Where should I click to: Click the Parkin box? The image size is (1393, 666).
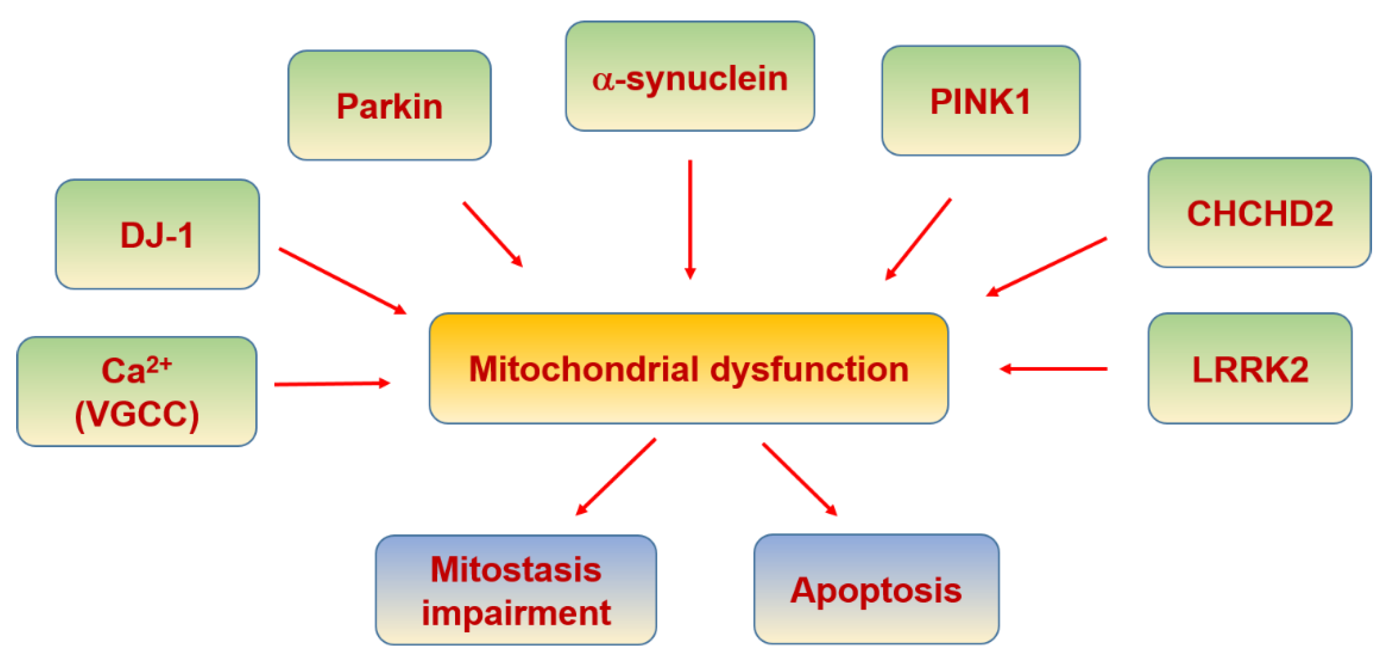[x=389, y=105]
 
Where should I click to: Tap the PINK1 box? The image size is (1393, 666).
[x=980, y=100]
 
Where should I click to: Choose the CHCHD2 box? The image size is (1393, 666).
[x=1259, y=212]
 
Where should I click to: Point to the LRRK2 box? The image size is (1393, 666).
[x=1250, y=368]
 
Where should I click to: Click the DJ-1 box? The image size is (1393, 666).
[x=157, y=234]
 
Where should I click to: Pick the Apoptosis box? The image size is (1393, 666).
[x=876, y=589]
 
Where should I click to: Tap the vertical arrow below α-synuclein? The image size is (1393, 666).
[x=690, y=219]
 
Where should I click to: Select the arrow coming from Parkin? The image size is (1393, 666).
[x=493, y=235]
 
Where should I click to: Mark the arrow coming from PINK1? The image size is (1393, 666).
[x=918, y=239]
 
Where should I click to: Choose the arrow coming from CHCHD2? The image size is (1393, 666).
[x=1046, y=266]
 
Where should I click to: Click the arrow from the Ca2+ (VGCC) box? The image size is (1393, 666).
[x=332, y=384]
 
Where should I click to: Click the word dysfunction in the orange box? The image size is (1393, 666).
[x=809, y=369]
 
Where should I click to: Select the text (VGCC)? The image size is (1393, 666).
[x=137, y=414]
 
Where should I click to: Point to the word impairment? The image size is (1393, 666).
[x=516, y=613]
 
